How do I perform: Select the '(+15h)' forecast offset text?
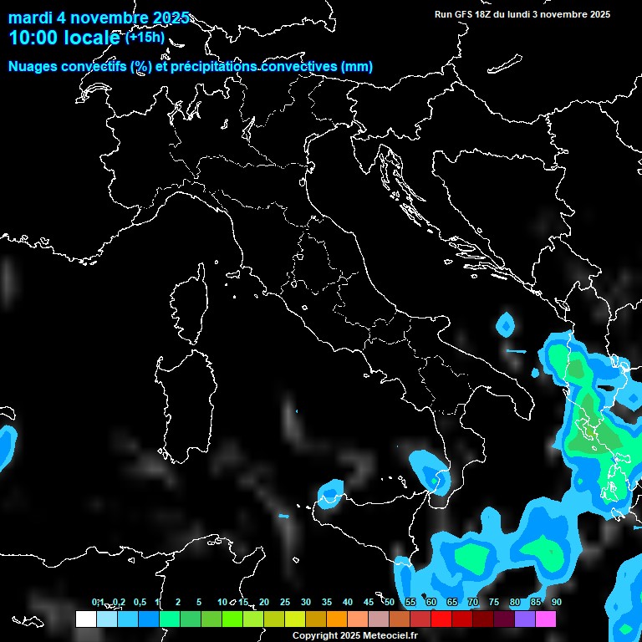point(145,38)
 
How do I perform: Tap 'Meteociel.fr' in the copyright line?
point(386,636)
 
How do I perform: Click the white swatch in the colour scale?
point(85,619)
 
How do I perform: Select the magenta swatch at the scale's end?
point(546,619)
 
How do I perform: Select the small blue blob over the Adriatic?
point(506,324)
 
